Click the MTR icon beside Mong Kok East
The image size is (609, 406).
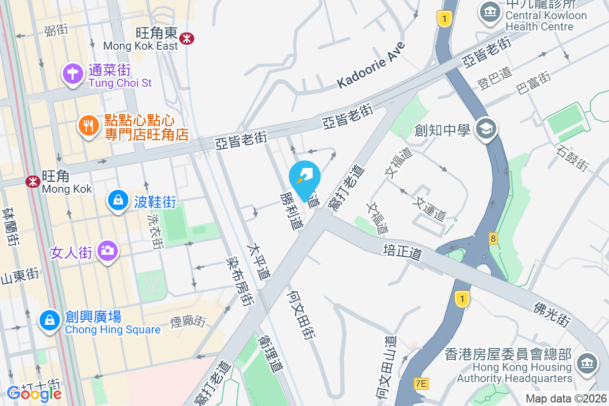[x=187, y=37]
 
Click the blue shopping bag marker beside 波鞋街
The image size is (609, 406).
[x=118, y=200]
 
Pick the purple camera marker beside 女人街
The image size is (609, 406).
[x=107, y=250]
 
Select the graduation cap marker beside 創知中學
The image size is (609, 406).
[x=486, y=129]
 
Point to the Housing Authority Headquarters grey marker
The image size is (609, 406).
[x=587, y=363]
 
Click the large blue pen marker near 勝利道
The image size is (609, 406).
[x=304, y=178]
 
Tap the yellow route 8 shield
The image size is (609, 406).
[x=493, y=238]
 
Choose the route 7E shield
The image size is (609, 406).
[x=421, y=384]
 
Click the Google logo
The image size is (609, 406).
[x=35, y=393]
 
